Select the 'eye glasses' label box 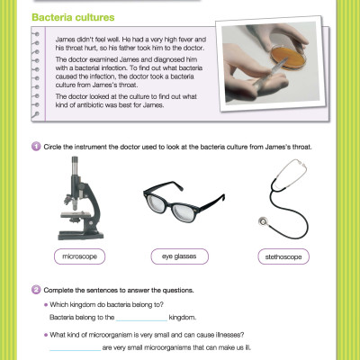pos(179,256)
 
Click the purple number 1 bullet pos(35,146)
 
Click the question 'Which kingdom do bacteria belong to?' pos(112,306)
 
